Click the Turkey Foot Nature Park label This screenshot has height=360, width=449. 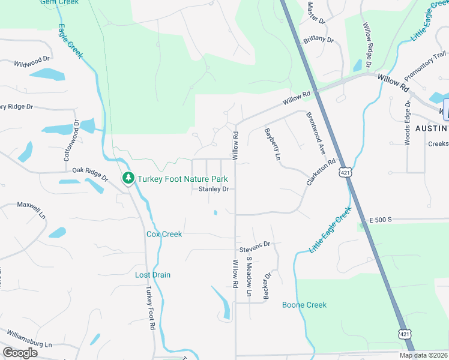point(182,178)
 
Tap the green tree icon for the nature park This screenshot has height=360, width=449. point(128,178)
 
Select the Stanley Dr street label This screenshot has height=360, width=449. point(214,189)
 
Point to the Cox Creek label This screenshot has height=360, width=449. point(164,234)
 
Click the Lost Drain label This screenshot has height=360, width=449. point(152,275)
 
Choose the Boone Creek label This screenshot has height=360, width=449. point(304,305)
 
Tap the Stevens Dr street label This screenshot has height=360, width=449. point(255,245)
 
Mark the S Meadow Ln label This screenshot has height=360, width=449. point(249,277)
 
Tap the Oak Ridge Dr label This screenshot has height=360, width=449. point(90,174)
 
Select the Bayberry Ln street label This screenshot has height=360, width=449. point(272,143)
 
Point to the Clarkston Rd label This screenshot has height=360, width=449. point(321,172)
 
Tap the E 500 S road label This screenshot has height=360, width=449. point(380,220)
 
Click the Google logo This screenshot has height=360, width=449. point(20,353)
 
